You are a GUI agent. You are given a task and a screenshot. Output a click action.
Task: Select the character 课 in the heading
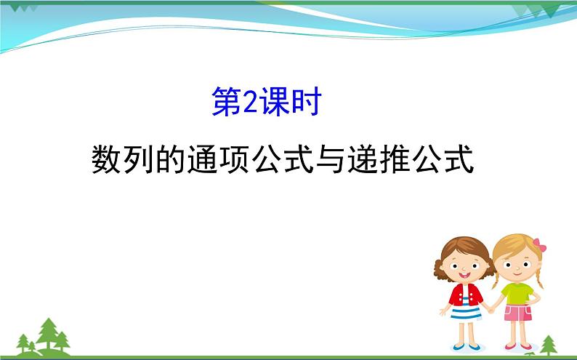pyautogui.click(x=274, y=104)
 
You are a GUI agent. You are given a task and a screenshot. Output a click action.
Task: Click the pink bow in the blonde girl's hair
pyautogui.click(x=538, y=244)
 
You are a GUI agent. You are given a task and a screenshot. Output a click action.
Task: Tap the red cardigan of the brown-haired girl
pyautogui.click(x=465, y=295)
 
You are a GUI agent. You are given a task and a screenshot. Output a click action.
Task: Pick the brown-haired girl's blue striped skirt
pyautogui.click(x=466, y=313)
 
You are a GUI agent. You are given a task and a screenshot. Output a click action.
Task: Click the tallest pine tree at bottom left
pyautogui.click(x=49, y=333)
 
